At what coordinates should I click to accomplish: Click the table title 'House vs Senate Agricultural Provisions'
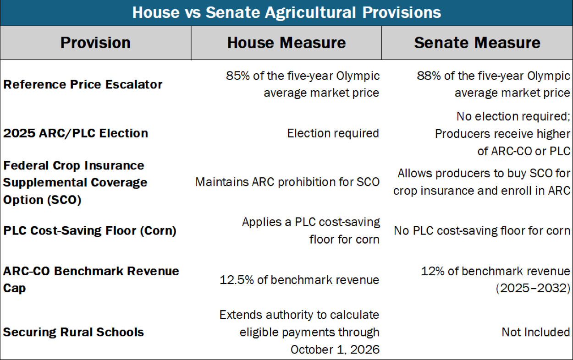point(286,12)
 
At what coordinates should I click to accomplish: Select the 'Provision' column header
point(95,43)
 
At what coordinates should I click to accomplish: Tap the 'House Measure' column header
point(286,43)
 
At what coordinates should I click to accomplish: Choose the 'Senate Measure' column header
point(477,43)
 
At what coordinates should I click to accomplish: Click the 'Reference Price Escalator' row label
point(83,84)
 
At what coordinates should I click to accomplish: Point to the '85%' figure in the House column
point(237,76)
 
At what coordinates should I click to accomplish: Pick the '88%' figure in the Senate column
point(429,76)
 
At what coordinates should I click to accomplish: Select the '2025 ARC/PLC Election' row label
point(76,133)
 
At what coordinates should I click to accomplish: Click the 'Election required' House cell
point(333,133)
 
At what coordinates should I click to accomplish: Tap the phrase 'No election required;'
point(513,116)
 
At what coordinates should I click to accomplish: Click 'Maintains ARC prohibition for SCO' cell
point(287,182)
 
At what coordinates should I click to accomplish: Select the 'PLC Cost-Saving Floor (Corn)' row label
point(90,231)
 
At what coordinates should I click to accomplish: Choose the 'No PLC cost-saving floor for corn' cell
point(482,231)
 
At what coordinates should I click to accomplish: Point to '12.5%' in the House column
point(237,280)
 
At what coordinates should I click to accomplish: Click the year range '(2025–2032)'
point(533,289)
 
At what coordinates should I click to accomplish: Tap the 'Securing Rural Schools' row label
point(73,332)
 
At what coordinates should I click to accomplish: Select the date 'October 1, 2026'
point(335,349)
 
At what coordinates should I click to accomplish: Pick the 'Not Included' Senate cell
point(536,332)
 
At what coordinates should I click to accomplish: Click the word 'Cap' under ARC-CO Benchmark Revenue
point(14,289)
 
